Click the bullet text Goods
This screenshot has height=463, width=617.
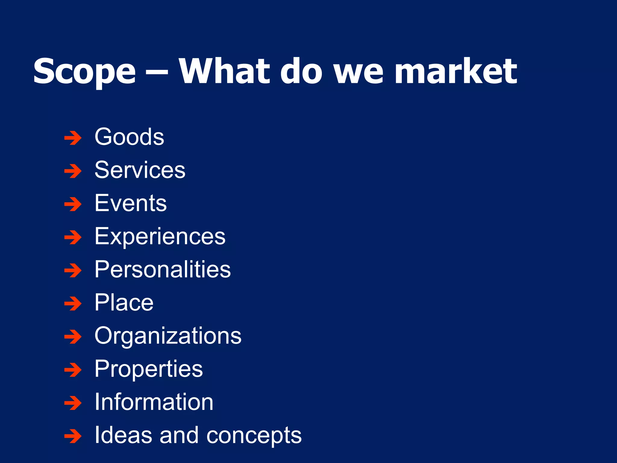coord(129,137)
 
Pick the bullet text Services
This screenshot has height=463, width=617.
coord(140,170)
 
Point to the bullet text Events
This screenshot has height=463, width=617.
coord(130,203)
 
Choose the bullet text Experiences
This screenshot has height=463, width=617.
coord(160,237)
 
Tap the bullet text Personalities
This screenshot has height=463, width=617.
coord(163,269)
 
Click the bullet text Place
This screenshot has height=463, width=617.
coord(124,303)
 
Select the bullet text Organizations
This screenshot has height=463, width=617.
coord(168,336)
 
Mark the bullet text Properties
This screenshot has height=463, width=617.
coord(149,369)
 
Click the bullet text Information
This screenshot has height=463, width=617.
coord(154,402)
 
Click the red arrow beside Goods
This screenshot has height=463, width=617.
coord(73,138)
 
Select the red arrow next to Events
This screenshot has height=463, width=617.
coord(73,204)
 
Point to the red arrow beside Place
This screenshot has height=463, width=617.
coord(73,304)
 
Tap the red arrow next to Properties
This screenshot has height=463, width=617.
coord(73,370)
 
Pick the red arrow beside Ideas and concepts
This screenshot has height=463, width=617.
coord(73,436)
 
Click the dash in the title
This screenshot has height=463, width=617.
coord(157,73)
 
